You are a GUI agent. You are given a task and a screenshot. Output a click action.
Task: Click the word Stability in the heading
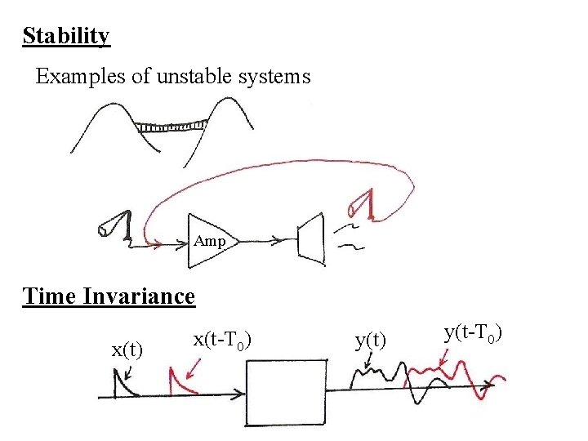click(66, 37)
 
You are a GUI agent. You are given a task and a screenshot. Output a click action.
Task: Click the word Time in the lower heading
click(50, 296)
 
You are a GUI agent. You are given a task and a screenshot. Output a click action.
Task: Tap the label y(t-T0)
click(473, 333)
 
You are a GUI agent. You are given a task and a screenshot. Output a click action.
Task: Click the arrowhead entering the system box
click(239, 395)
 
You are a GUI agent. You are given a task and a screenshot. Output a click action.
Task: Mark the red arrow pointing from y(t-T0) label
click(443, 357)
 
